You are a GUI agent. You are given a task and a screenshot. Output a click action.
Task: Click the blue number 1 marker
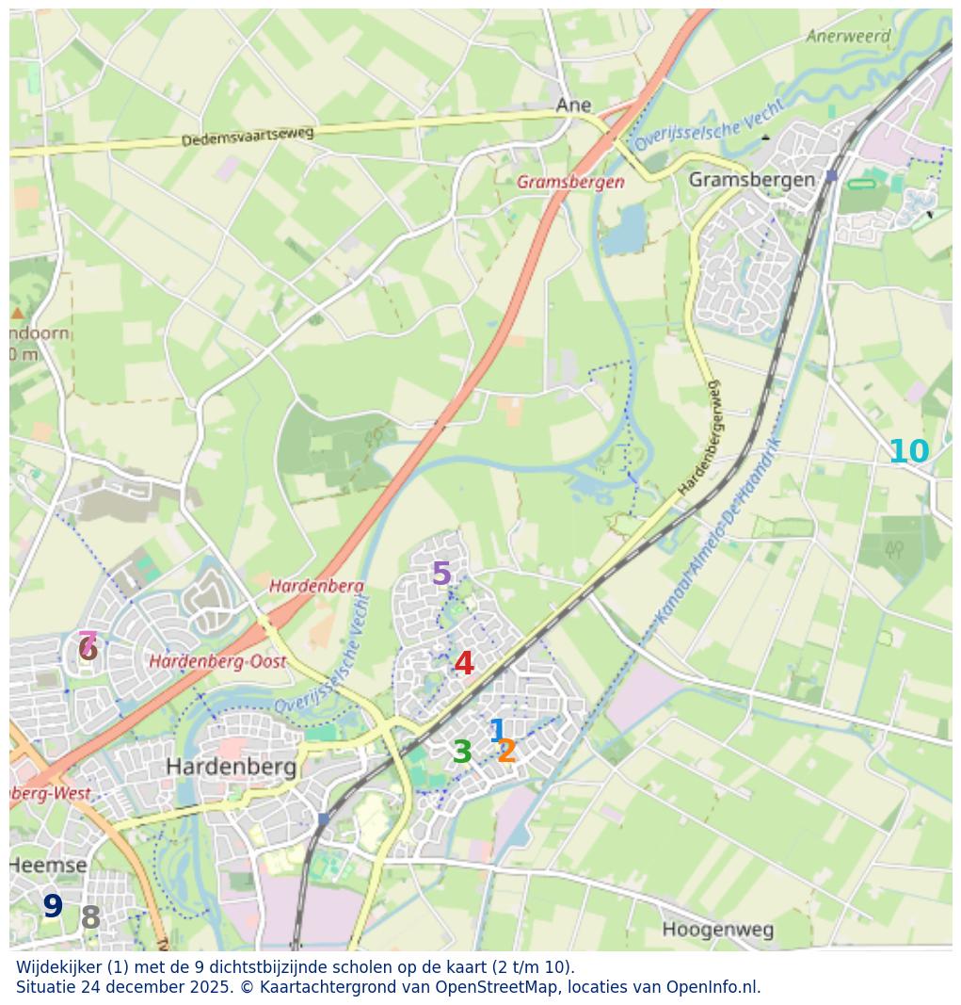click(497, 731)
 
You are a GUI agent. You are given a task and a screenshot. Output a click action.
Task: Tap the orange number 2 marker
click(507, 752)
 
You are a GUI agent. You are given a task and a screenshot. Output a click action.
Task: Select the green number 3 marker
click(461, 753)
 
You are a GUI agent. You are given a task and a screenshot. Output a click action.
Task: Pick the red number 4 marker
click(464, 663)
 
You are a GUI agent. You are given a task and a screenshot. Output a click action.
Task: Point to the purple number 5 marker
click(440, 574)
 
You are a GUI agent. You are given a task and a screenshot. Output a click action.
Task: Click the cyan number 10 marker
click(908, 452)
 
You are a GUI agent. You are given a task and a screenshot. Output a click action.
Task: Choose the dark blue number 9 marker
click(53, 907)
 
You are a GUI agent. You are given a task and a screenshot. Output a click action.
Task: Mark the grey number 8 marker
click(90, 917)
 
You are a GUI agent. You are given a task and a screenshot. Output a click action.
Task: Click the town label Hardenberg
click(231, 767)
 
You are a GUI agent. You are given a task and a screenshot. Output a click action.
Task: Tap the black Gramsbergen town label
click(751, 180)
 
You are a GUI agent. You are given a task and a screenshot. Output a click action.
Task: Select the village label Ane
click(573, 105)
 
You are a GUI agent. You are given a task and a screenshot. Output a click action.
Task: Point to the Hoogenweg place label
click(717, 930)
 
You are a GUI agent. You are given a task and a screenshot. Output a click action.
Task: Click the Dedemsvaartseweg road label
click(248, 137)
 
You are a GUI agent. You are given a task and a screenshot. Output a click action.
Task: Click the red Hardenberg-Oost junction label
click(217, 662)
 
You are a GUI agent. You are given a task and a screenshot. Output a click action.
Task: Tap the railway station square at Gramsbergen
click(831, 176)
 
